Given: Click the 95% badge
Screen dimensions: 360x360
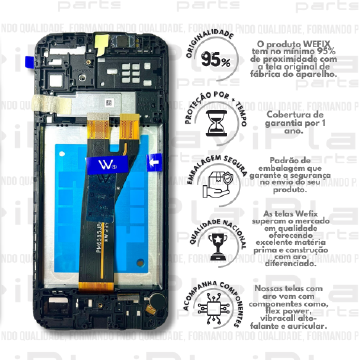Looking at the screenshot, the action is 212,60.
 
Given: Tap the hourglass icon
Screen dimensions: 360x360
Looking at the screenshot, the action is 212,123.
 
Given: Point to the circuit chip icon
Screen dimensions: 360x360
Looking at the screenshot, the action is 212,304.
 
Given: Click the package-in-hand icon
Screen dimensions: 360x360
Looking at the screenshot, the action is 212,183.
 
